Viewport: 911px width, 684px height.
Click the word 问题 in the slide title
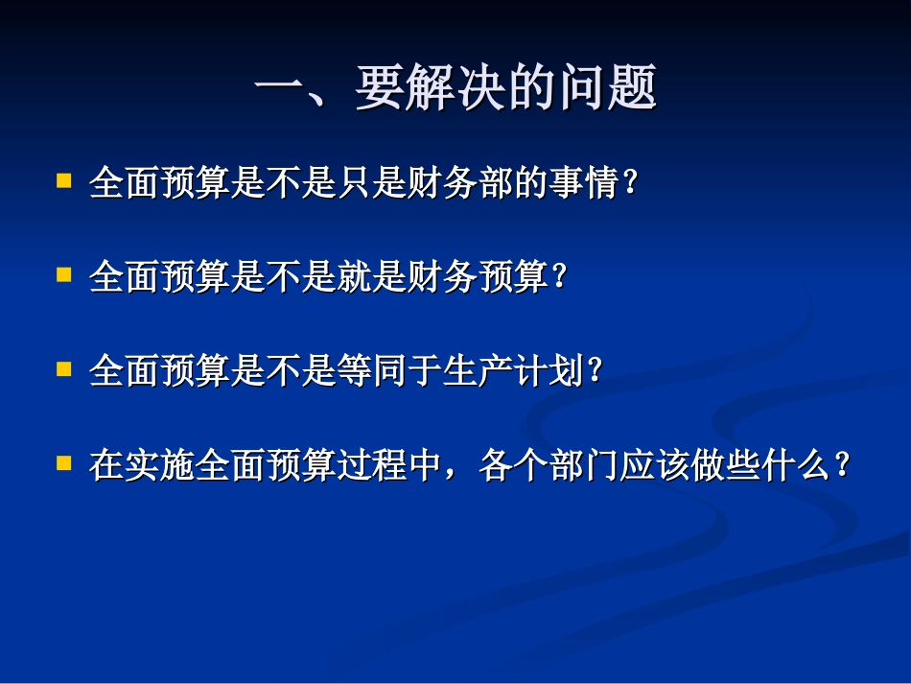coord(606,90)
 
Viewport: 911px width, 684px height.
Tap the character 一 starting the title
coord(279,90)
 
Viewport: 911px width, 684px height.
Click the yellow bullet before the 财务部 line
coord(63,179)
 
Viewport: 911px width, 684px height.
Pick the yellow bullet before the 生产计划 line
coord(63,367)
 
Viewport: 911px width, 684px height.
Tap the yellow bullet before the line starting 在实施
coord(63,461)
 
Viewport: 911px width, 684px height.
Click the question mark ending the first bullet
coord(630,182)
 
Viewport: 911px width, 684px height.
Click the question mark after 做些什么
coord(843,466)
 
